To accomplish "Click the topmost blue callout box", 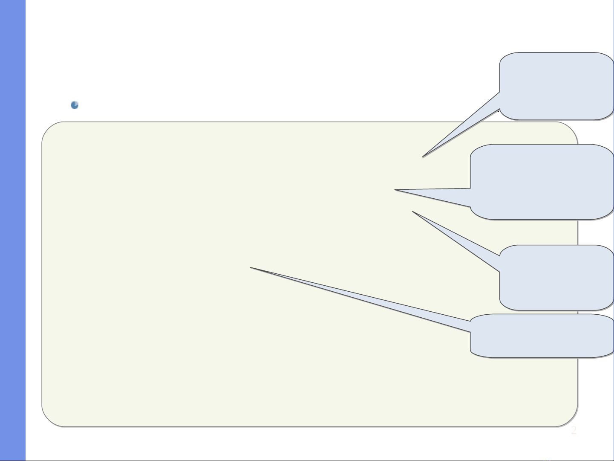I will (x=556, y=85).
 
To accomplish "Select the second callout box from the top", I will (x=541, y=182).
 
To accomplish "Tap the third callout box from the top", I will (x=556, y=277).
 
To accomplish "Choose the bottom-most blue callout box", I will (x=541, y=336).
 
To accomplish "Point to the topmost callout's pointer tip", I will (x=423, y=157).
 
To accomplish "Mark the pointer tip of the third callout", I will (x=412, y=212).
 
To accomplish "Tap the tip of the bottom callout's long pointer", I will (x=251, y=268).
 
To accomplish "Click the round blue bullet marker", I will (x=75, y=105).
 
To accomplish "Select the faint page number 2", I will (x=574, y=430).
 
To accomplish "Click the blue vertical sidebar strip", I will (x=13, y=230).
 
